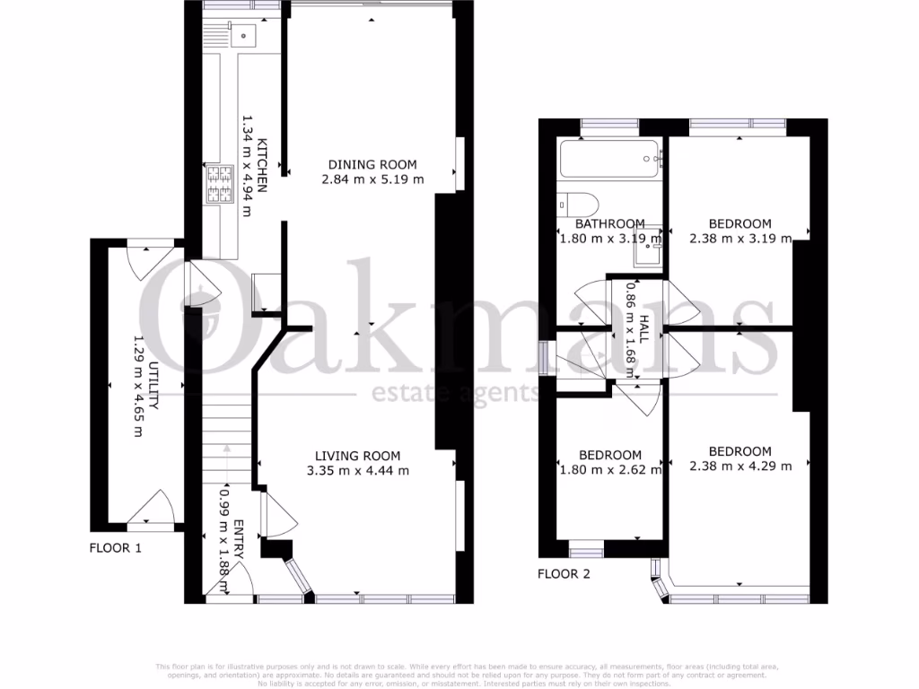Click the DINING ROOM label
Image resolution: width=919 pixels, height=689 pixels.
[372, 164]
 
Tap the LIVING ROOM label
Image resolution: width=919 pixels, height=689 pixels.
[357, 455]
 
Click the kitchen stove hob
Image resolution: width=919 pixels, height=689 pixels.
[220, 185]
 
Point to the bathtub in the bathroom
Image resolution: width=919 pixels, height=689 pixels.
[609, 161]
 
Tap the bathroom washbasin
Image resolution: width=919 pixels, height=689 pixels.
[647, 254]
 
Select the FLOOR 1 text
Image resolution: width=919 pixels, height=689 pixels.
[115, 547]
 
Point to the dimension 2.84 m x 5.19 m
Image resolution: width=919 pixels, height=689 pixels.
[372, 179]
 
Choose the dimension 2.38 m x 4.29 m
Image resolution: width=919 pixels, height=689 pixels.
[740, 466]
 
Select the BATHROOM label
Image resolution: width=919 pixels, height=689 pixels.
[609, 224]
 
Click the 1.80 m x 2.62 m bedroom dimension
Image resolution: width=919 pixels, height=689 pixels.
[609, 469]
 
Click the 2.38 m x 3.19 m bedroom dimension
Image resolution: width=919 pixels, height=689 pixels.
[740, 239]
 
